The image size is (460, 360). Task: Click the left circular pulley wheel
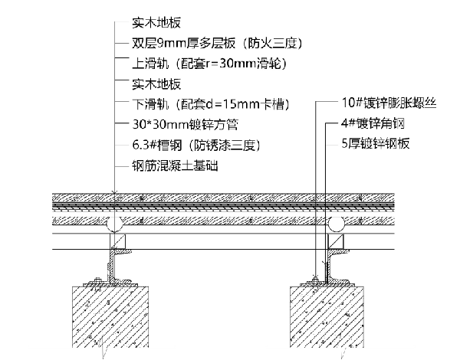(x=115, y=223)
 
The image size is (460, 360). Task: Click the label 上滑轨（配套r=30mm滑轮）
(x=204, y=64)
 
